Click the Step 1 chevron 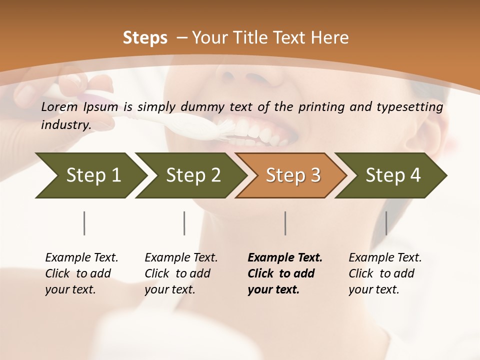point(90,175)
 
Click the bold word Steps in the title point(145,38)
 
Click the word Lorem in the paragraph point(59,107)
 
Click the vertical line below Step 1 point(84,223)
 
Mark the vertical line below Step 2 point(184,223)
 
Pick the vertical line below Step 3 point(285,223)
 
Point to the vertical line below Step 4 point(386,223)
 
